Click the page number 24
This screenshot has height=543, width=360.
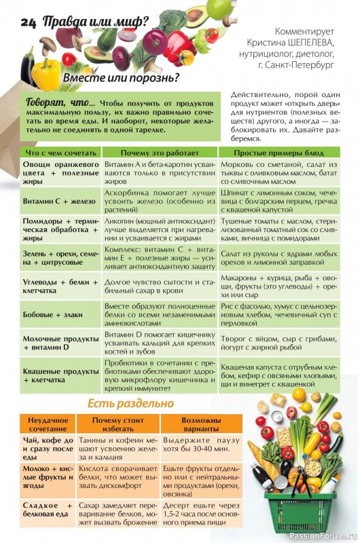tap(28, 22)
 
